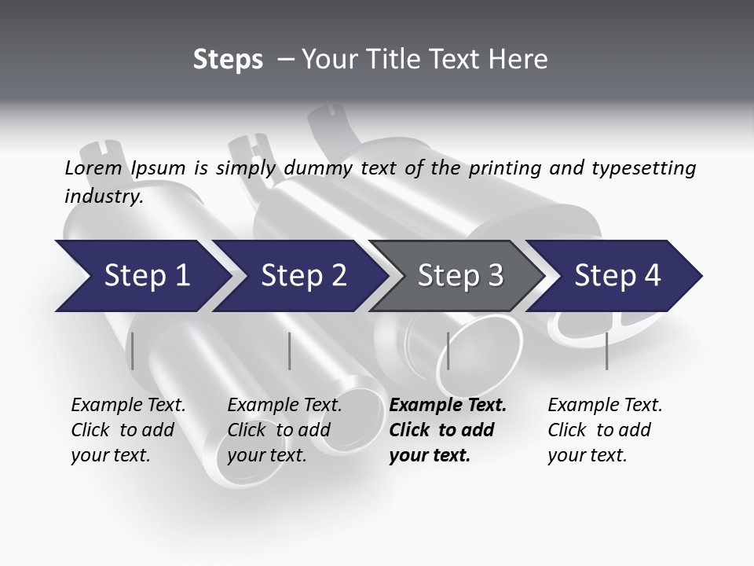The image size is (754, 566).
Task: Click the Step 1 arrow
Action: (141, 276)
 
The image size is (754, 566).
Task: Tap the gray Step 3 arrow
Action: (459, 276)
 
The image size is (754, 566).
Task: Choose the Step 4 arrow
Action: (617, 276)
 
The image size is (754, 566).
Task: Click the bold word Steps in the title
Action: (228, 59)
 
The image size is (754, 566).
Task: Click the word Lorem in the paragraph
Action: (93, 168)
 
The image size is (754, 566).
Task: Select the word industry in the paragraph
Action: (104, 197)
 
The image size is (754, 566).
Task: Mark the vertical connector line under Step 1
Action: (132, 351)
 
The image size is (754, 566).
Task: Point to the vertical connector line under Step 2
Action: (290, 351)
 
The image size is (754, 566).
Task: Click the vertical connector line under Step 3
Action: (448, 351)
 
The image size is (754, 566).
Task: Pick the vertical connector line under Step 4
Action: (607, 351)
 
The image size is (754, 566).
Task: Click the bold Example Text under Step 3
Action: (448, 406)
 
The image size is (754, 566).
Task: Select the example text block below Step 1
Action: (128, 430)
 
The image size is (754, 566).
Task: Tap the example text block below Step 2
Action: (284, 430)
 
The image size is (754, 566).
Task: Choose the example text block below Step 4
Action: (605, 430)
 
